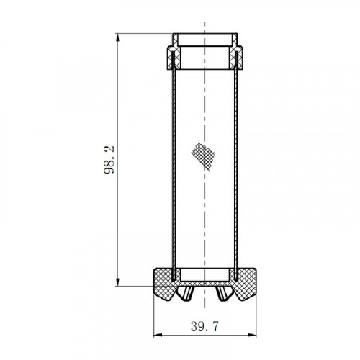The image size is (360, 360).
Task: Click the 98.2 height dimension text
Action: coord(109,160)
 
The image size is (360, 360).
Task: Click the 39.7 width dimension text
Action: coord(205,327)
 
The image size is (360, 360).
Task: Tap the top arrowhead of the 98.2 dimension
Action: coord(117,37)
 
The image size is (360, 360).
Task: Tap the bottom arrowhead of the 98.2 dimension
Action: coord(117,282)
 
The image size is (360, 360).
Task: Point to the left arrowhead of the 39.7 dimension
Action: coord(158,335)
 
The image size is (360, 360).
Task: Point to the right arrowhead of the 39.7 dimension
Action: coord(252,335)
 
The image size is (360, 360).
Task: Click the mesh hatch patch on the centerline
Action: coord(203,157)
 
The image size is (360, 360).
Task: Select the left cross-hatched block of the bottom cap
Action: coord(165,284)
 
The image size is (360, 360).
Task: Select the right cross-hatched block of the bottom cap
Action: coord(244,284)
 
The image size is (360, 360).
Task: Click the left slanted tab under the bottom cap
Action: coord(185,293)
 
